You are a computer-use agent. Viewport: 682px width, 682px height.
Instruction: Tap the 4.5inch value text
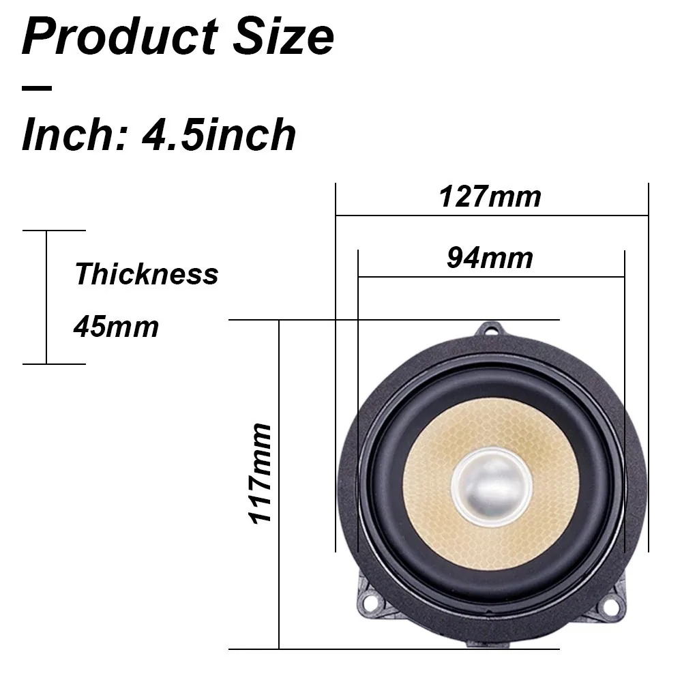coord(218,135)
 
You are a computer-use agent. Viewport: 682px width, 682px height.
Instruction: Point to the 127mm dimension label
coord(490,196)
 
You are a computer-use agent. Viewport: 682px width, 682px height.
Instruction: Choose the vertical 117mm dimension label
coord(261,473)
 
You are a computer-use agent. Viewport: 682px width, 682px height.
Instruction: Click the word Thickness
coord(146,274)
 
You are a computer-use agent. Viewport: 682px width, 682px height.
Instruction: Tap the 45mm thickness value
coord(116,327)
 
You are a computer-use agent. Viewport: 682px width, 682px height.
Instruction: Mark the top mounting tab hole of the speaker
coord(491,331)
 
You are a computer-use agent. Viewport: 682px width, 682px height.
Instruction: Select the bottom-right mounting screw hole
coord(611,604)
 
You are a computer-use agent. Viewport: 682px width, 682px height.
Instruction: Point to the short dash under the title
coord(37,87)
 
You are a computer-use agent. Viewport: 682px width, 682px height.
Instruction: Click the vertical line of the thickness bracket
coord(46,297)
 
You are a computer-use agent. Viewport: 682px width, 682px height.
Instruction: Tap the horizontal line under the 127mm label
coord(491,215)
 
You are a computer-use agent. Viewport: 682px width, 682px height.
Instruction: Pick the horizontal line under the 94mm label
coord(491,277)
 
